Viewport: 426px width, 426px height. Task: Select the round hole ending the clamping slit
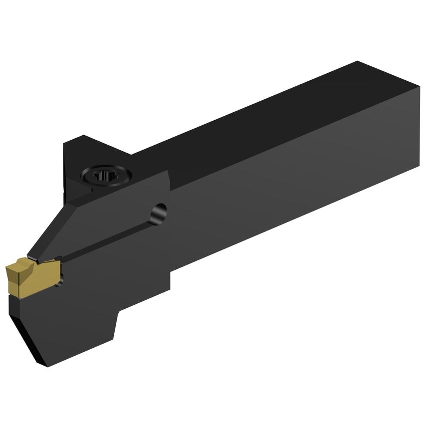point(160,212)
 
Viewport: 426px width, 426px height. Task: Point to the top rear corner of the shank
point(357,62)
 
